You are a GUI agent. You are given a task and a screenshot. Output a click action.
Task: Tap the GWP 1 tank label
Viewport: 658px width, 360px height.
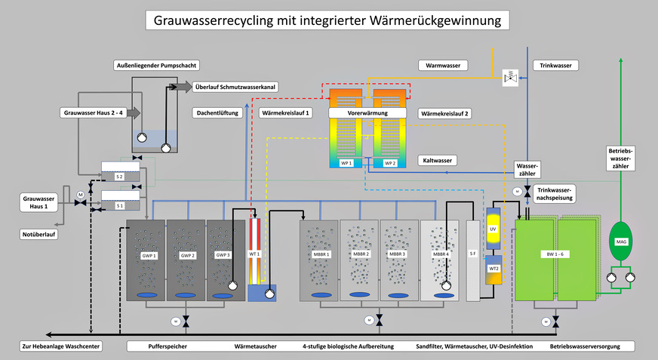[x=148, y=256]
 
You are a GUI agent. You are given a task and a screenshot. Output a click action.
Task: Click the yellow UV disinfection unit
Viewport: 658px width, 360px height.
[x=493, y=229]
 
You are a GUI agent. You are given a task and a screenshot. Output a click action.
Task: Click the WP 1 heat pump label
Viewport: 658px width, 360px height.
[x=346, y=162]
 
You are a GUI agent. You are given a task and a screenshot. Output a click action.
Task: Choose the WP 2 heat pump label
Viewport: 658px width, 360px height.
[x=389, y=162]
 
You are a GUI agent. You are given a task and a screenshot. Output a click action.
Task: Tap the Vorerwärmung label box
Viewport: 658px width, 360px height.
[x=367, y=112]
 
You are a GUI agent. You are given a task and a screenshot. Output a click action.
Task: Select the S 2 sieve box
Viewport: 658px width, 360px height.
[x=119, y=175]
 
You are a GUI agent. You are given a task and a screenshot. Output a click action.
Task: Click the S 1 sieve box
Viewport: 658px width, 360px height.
[x=119, y=205]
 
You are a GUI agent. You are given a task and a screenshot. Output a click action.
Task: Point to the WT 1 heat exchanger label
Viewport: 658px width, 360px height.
[x=254, y=254]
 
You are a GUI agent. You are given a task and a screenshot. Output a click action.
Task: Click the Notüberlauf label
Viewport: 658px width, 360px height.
[x=39, y=235]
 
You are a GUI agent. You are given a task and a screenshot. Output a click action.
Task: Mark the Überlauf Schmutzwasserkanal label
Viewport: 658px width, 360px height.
[x=235, y=87]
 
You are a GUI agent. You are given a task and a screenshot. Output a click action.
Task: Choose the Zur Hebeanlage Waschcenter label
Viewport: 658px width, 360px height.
[x=61, y=346]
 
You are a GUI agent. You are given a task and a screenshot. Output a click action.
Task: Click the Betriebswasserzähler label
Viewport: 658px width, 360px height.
[x=622, y=158]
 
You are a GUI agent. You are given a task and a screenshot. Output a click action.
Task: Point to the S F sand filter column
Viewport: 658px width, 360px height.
[x=472, y=254]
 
